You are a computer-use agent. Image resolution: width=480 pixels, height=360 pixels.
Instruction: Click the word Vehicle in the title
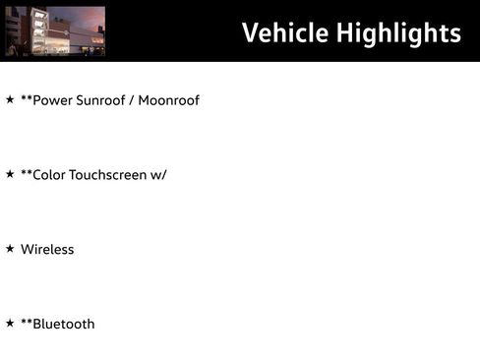[x=285, y=32]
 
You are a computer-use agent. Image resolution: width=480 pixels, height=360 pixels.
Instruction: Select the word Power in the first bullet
[x=51, y=100]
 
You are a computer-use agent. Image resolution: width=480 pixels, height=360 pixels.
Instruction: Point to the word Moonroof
[x=168, y=100]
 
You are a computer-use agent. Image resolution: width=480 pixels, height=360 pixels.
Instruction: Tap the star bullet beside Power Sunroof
[x=10, y=99]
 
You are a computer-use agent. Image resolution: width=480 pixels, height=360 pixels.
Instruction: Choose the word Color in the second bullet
[x=49, y=175]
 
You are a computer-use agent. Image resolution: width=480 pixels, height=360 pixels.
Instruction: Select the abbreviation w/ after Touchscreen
[x=158, y=175]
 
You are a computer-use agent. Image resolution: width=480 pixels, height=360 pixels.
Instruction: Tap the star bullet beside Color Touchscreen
[x=10, y=174]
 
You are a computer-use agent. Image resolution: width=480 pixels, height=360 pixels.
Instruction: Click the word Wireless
[x=47, y=250]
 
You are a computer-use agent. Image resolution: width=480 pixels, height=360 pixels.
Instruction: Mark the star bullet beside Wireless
[x=10, y=249]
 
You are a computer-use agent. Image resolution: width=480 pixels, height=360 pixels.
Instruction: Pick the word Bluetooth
[x=64, y=325]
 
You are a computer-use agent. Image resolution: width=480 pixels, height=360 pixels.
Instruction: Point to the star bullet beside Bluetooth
[x=10, y=323]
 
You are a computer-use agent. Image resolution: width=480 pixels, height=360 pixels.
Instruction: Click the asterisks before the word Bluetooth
[x=27, y=322]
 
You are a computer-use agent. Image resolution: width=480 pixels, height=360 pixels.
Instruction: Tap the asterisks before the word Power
[x=27, y=98]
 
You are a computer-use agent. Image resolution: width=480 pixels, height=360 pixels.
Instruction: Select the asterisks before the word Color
[x=27, y=173]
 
